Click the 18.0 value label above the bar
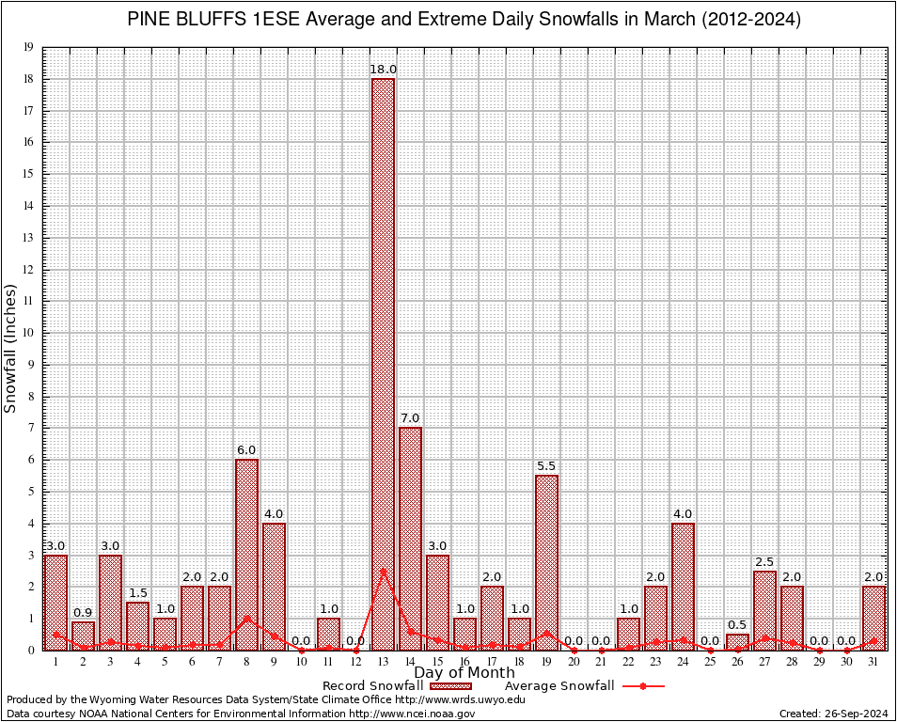click(x=383, y=70)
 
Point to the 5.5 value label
click(x=546, y=466)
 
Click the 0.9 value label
click(x=83, y=613)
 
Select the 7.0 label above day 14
click(x=410, y=418)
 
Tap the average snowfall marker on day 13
click(x=383, y=571)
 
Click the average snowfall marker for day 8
click(x=246, y=619)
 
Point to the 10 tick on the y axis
click(x=28, y=333)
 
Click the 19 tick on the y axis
click(x=28, y=47)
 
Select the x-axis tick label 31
click(x=873, y=662)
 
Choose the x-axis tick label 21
click(x=601, y=662)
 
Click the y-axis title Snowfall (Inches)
click(x=11, y=348)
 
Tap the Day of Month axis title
click(x=464, y=673)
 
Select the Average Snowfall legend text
click(x=559, y=686)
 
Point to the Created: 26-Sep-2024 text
click(x=833, y=714)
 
